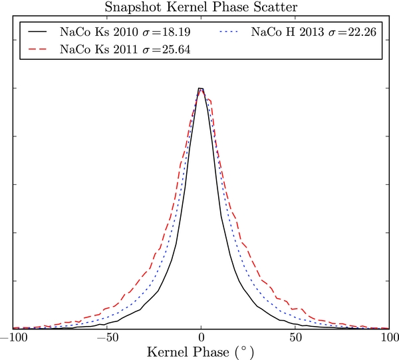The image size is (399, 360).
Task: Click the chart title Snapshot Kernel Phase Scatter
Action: (x=200, y=7)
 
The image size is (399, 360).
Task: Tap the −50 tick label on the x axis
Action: (x=106, y=337)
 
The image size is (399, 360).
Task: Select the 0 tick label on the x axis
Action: (x=200, y=337)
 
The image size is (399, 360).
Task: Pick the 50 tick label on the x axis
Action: (x=295, y=337)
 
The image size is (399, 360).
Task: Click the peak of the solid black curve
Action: (x=200, y=89)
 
